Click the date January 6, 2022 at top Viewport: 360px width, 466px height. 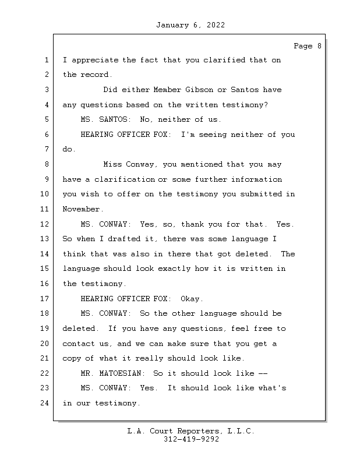[x=190, y=25]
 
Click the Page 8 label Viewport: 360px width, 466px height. [x=307, y=46]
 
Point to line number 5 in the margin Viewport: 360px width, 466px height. [x=47, y=120]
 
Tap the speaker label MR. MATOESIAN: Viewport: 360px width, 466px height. [x=115, y=373]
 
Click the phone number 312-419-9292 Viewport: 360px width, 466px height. [x=191, y=440]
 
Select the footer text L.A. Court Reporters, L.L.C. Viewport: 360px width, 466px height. [x=191, y=431]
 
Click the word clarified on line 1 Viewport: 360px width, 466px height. [x=225, y=61]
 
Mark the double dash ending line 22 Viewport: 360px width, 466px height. [x=262, y=373]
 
